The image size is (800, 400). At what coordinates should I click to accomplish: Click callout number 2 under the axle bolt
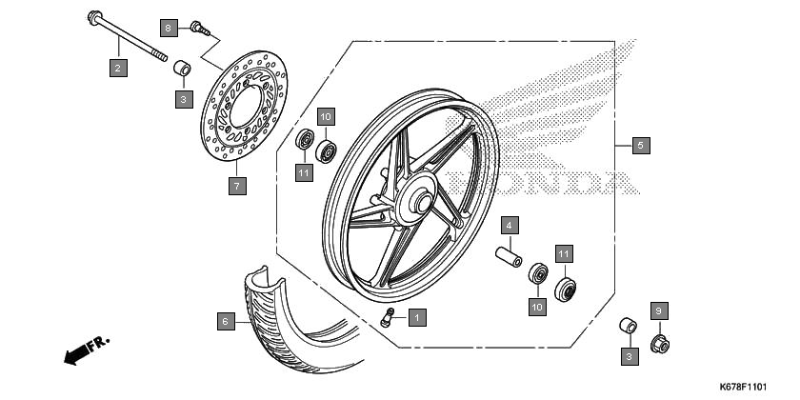click(x=118, y=68)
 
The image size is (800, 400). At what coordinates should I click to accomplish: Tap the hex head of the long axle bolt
click(x=94, y=17)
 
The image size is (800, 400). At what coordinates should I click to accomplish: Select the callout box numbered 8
click(x=169, y=28)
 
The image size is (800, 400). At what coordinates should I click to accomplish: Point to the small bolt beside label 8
click(x=200, y=28)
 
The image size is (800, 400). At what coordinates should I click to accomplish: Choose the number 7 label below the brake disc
click(x=237, y=186)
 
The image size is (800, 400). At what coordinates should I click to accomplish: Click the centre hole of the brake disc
click(x=246, y=107)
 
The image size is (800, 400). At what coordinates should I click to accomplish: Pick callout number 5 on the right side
click(x=641, y=146)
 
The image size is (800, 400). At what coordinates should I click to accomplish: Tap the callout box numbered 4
click(x=510, y=225)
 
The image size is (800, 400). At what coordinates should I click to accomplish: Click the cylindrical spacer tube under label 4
click(x=509, y=256)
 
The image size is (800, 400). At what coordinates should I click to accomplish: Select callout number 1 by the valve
click(x=417, y=318)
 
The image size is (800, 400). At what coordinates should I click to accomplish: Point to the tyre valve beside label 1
click(x=388, y=317)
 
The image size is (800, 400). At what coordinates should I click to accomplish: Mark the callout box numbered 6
click(x=226, y=322)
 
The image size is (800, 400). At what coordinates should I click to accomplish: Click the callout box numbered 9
click(x=659, y=310)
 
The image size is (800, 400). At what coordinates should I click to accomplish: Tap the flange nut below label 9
click(x=660, y=345)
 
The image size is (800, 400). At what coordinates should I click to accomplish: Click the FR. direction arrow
click(x=87, y=350)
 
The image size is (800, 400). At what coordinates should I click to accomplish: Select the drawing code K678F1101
click(x=743, y=387)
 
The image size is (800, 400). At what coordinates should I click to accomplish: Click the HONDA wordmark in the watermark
click(x=542, y=183)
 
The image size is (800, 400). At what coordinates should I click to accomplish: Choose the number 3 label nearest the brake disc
click(x=184, y=99)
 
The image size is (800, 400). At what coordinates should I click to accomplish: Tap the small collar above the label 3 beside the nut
click(x=628, y=326)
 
